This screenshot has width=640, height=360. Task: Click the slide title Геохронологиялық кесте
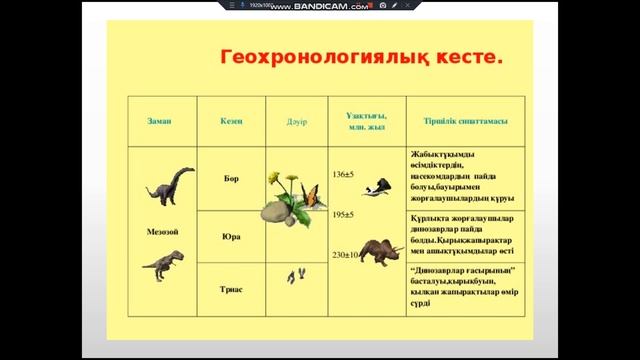(x=361, y=57)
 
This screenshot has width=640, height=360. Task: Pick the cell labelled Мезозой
(x=162, y=232)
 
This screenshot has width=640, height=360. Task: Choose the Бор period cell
(x=231, y=179)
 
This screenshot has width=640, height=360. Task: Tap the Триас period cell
(x=231, y=289)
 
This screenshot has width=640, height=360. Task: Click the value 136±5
(x=343, y=174)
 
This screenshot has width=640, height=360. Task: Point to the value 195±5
(x=343, y=214)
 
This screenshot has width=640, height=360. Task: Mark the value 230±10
(x=345, y=255)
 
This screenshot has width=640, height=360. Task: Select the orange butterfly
(x=313, y=198)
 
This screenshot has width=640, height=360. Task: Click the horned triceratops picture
(x=381, y=250)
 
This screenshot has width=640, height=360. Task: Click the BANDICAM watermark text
(x=319, y=6)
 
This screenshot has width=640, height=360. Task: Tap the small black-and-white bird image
(x=376, y=187)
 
